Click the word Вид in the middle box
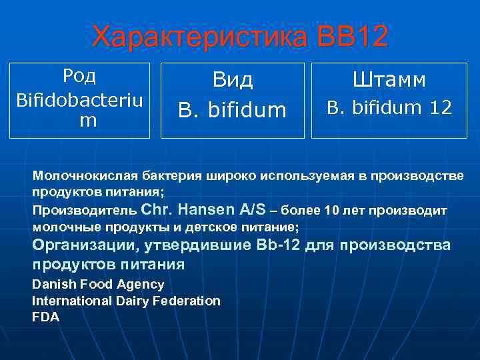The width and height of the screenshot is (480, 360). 233,81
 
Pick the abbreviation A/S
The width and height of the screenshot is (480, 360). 254,210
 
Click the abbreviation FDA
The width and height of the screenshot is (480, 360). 46,317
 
